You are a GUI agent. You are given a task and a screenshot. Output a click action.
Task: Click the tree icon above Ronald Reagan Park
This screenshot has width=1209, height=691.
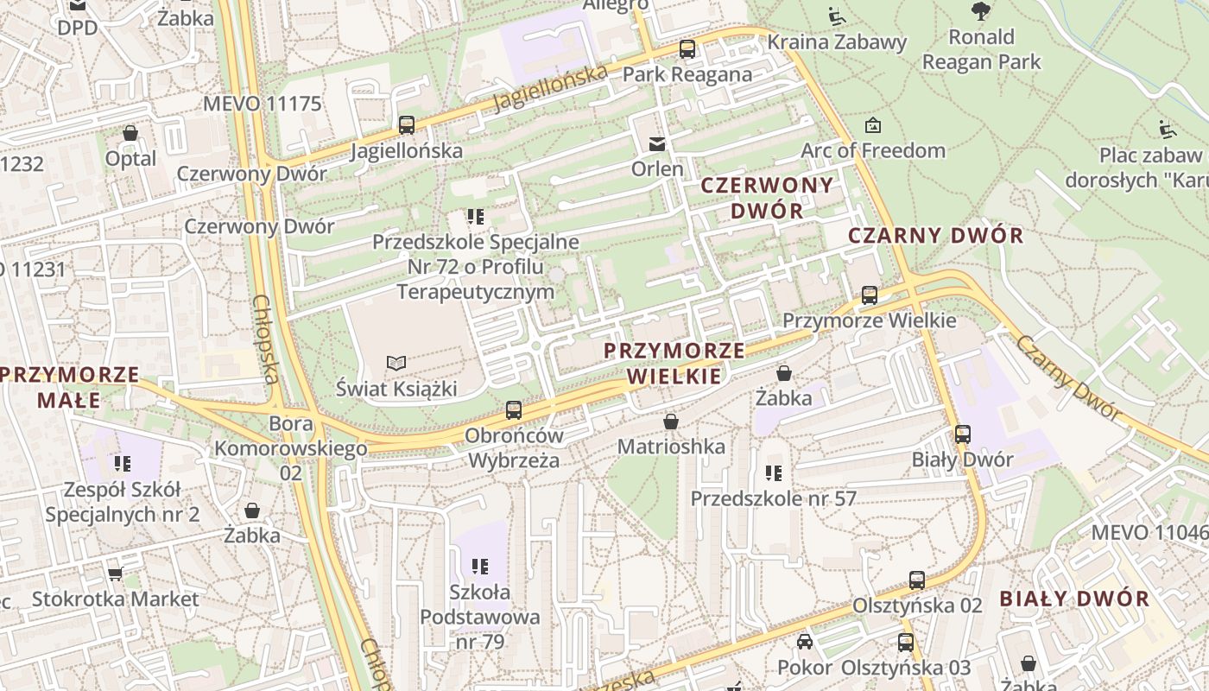pos(980,11)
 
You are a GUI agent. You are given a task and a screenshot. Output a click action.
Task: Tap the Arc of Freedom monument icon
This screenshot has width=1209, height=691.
pos(873,125)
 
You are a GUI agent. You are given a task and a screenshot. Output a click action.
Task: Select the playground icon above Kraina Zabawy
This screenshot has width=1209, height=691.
pos(836,16)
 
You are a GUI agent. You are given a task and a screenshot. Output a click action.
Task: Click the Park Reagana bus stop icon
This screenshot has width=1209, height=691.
pos(687,49)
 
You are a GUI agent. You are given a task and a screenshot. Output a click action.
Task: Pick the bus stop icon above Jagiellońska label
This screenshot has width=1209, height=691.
pos(407,125)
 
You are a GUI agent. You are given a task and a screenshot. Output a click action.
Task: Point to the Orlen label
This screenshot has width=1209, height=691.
pos(657,168)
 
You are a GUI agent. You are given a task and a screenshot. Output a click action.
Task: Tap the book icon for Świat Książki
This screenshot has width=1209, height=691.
pos(396,364)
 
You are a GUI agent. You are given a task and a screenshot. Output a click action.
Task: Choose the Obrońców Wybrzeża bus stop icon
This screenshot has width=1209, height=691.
pos(514,410)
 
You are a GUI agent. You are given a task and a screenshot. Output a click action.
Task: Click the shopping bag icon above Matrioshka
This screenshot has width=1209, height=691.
pos(671,422)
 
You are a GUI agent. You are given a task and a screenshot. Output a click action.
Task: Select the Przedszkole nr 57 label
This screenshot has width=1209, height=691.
pos(773,498)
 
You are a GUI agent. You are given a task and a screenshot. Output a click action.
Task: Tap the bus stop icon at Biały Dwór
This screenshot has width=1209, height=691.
pos(962,434)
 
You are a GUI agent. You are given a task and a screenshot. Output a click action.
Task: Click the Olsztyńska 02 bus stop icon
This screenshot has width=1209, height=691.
pos(917,580)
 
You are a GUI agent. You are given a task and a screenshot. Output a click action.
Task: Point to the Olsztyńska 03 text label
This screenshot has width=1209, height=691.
pos(905,668)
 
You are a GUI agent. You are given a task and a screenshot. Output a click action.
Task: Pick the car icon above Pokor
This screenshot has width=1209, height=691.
pos(805,642)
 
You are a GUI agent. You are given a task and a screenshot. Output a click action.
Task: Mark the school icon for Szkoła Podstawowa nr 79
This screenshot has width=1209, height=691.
pos(480,567)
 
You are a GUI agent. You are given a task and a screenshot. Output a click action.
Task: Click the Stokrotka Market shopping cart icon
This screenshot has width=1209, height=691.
pos(115,574)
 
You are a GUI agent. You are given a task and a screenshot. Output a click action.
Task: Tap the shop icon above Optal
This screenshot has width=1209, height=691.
pos(130,133)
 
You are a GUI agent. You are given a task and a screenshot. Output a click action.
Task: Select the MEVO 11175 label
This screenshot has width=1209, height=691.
pos(262,105)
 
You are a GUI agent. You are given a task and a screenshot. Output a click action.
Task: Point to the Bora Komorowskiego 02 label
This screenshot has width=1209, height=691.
pos(291,448)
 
